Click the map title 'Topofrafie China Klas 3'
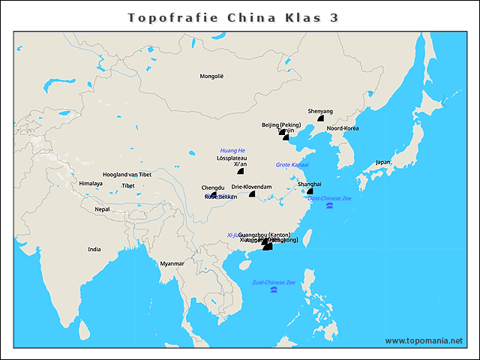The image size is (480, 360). point(232,17)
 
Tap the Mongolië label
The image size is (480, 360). point(211,76)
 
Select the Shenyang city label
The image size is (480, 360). point(320,111)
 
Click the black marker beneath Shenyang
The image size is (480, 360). point(320,118)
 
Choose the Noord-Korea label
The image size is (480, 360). point(343,128)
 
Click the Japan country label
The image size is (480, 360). point(383,162)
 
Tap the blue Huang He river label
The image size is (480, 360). point(232,151)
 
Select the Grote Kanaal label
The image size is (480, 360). point(292,164)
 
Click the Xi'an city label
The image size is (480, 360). point(241,164)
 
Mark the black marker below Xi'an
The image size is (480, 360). point(241,172)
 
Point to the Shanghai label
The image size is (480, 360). point(309,184)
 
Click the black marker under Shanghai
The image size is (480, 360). point(309,191)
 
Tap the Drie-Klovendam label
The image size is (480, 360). point(251,187)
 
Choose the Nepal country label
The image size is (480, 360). point(102,209)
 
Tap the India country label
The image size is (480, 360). point(94,250)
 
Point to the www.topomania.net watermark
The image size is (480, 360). point(424,340)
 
